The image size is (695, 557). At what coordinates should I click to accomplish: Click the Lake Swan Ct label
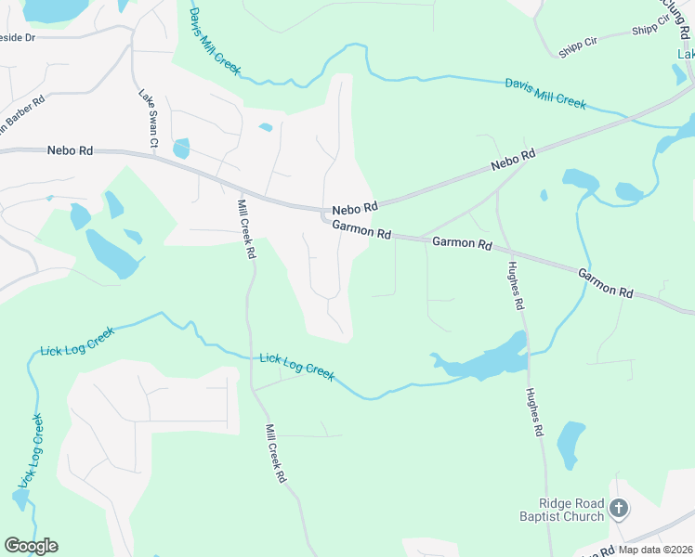click(149, 118)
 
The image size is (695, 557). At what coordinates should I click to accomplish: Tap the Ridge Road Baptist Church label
click(564, 510)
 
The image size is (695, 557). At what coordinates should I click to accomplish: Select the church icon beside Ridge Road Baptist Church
click(619, 509)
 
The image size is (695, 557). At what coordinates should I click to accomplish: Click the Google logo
click(31, 546)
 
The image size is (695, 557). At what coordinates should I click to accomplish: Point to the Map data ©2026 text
click(656, 550)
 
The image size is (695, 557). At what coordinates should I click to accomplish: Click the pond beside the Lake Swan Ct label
click(180, 148)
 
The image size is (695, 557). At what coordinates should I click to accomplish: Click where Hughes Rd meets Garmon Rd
click(505, 250)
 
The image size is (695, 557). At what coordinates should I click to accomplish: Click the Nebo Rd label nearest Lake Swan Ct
click(71, 149)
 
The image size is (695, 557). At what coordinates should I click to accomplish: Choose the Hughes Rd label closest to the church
click(535, 412)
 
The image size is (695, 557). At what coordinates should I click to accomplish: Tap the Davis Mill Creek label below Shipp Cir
click(545, 94)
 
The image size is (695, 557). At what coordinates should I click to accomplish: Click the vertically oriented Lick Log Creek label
click(32, 451)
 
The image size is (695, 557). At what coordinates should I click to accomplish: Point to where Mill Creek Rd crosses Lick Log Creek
click(249, 356)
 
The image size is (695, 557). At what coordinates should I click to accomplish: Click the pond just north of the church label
click(571, 445)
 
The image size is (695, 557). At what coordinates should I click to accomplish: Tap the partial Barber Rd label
click(20, 114)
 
